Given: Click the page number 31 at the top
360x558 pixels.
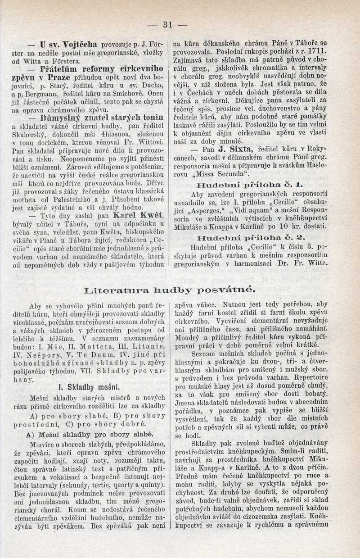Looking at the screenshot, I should click(x=169, y=25).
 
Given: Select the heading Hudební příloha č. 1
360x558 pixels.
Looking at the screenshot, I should click(x=250, y=185).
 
